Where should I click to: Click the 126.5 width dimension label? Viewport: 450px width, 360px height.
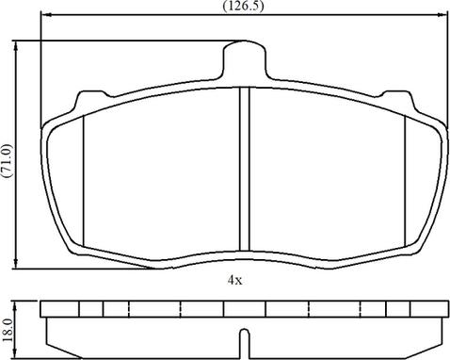(x=243, y=7)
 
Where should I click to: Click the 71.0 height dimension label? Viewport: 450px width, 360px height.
(x=7, y=160)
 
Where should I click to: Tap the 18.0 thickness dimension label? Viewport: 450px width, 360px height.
(x=7, y=330)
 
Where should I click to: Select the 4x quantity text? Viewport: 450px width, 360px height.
(x=234, y=280)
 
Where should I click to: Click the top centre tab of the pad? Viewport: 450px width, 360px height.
(x=245, y=59)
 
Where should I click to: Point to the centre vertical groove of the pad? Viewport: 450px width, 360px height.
(x=244, y=169)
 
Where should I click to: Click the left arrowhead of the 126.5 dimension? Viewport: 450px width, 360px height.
(x=46, y=14)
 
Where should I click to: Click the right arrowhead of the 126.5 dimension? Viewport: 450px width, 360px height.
(x=442, y=14)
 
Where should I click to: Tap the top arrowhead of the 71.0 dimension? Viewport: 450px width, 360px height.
(x=16, y=46)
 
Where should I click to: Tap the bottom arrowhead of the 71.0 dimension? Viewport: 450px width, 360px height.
(x=16, y=264)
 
